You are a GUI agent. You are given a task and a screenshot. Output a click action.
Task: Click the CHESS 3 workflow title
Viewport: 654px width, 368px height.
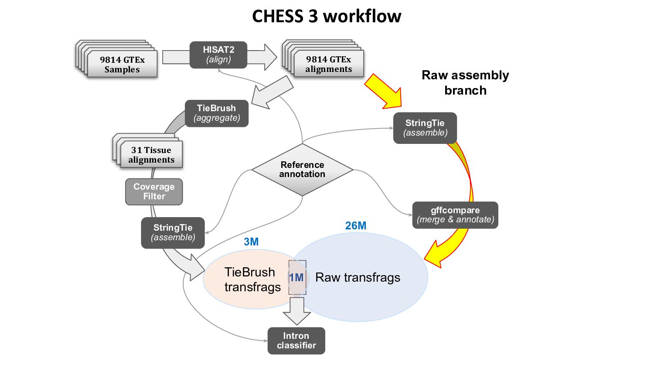[x=327, y=17]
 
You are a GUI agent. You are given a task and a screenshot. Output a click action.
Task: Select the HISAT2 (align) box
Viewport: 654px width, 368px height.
[x=218, y=55]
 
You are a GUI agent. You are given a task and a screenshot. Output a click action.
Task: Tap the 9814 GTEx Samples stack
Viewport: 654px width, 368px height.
[x=122, y=64]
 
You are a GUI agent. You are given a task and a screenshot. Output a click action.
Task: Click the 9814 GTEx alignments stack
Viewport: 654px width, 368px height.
[x=328, y=64]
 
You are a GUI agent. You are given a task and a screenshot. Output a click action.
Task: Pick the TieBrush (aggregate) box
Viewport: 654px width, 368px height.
[x=217, y=113]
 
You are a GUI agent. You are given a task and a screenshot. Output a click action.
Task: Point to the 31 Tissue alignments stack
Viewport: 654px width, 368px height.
[x=151, y=154]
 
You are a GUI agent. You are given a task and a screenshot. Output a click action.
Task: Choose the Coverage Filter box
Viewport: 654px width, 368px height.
[x=154, y=191]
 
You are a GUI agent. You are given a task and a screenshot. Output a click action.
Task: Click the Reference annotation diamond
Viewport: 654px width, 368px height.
[x=302, y=170]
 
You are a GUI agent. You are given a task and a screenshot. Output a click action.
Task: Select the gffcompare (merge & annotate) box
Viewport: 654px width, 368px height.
[x=455, y=215]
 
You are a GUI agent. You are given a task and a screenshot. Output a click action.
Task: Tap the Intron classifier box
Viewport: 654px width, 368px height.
[x=296, y=341]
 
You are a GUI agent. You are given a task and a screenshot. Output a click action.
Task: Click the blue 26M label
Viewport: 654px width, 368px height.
[x=356, y=225]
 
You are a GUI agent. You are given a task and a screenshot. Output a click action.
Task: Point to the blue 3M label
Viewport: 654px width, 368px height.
[x=251, y=242]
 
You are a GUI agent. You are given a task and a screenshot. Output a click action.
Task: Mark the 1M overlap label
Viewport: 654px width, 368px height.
[x=296, y=278]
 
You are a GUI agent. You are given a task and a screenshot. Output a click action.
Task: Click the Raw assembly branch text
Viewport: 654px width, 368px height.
[x=465, y=82]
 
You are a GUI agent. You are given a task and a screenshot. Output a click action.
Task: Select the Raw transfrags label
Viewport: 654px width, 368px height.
[x=358, y=277]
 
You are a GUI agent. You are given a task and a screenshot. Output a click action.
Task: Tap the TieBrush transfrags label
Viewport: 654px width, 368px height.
[x=252, y=279]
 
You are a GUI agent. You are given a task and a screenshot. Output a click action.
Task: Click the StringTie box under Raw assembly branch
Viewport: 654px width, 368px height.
[x=425, y=128]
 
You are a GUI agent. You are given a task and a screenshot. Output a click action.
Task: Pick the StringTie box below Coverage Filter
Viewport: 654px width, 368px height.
[x=173, y=232]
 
